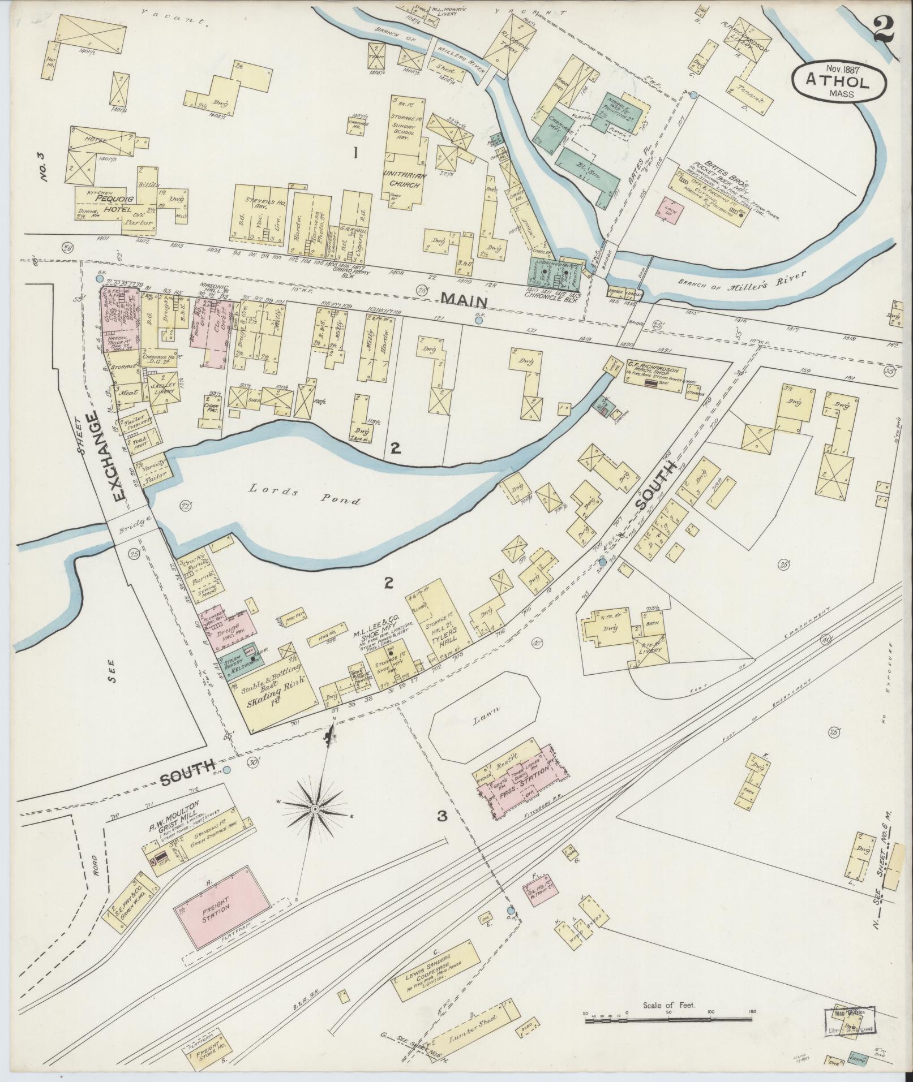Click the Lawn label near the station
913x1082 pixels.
pos(486,715)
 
